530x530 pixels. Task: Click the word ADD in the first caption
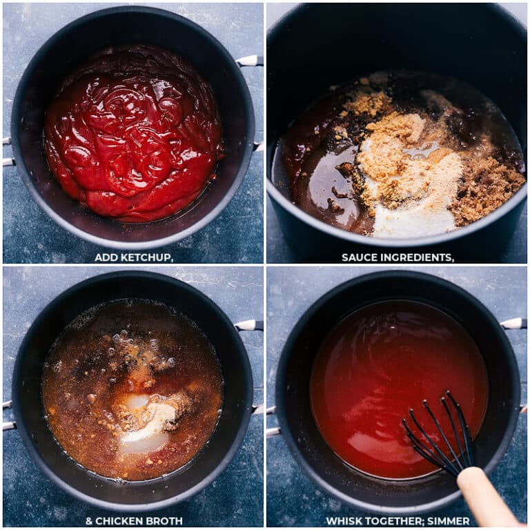pos(106,257)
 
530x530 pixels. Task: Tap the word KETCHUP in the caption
pos(146,257)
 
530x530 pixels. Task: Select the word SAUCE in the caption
pos(359,257)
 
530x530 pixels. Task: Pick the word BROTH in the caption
pos(166,521)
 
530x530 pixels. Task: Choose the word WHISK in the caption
pos(343,521)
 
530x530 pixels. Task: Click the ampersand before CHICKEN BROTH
pos(89,521)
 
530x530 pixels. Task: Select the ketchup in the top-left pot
pos(131,131)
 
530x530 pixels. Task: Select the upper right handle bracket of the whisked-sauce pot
pos(513,323)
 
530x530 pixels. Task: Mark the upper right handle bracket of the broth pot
pos(249,325)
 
